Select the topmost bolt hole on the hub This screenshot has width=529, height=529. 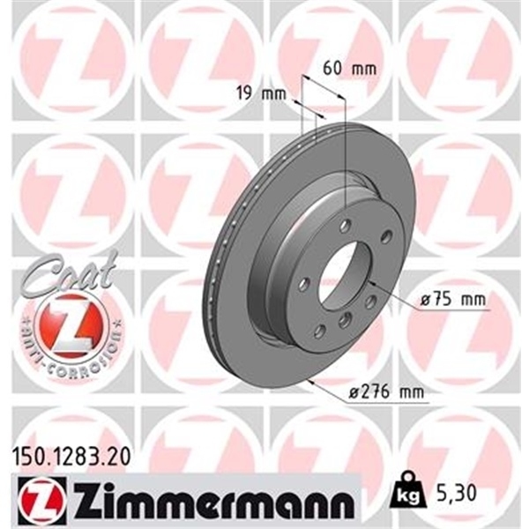[347, 223]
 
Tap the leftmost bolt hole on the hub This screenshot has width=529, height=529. [304, 284]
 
